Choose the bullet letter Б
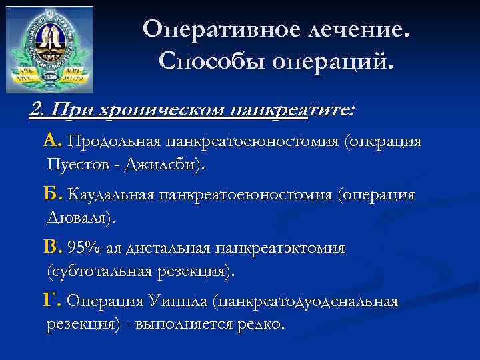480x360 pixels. click(52, 194)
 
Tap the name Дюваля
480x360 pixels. click(80, 217)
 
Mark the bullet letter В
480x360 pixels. click(52, 247)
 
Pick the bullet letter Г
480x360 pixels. click(52, 301)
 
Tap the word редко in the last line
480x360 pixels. click(263, 324)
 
